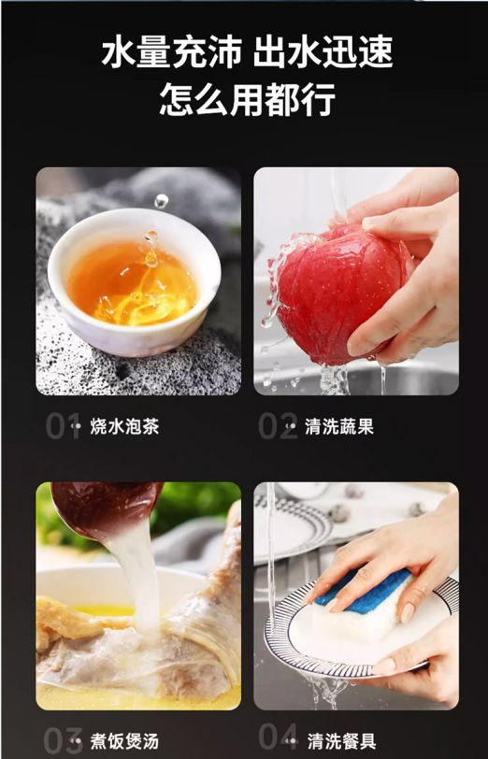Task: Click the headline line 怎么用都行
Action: [248, 100]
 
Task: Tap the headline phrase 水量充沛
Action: [171, 52]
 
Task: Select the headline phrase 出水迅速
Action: [323, 52]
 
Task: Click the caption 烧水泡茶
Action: [124, 426]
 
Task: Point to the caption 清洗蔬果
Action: [339, 426]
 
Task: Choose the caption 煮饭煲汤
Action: [124, 741]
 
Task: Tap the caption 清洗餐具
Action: [342, 741]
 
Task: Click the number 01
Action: [63, 426]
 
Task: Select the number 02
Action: [278, 426]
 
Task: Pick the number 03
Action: [63, 740]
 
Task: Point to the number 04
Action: [279, 737]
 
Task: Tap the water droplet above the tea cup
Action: [161, 200]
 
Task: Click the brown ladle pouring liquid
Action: [107, 508]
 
